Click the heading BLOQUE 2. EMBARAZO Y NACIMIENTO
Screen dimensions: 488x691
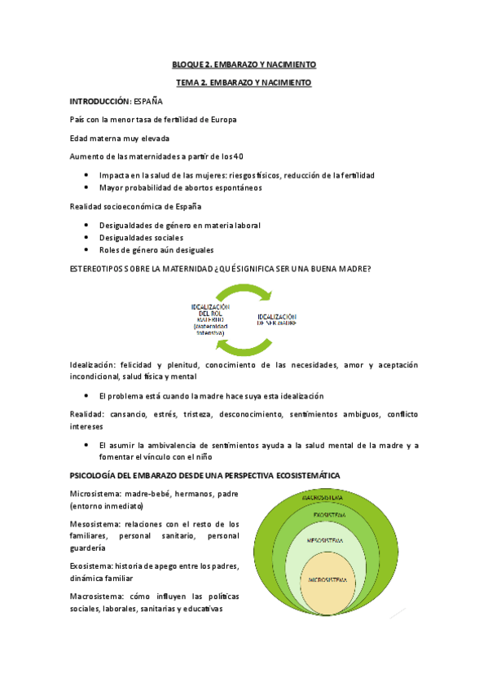click(x=244, y=64)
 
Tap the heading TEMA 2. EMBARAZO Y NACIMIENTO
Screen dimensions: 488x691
click(x=244, y=82)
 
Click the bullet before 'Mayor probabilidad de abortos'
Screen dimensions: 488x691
click(x=87, y=187)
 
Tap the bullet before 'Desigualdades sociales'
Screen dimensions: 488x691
click(x=87, y=238)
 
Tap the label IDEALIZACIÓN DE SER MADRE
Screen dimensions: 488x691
click(x=276, y=319)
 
